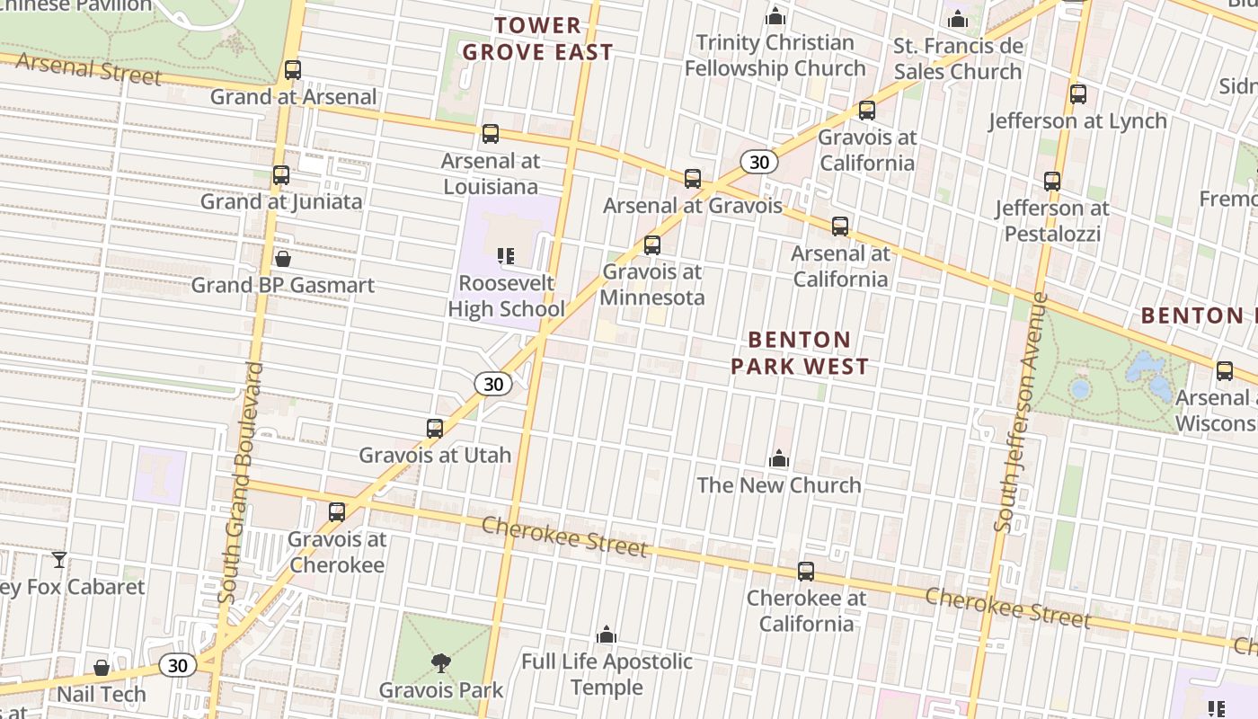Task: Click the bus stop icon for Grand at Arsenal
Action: pyautogui.click(x=292, y=69)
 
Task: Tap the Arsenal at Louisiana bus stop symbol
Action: pyautogui.click(x=490, y=134)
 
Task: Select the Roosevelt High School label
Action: pyautogui.click(x=506, y=296)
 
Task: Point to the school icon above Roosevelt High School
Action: pyautogui.click(x=506, y=256)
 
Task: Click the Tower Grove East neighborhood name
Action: pyautogui.click(x=537, y=39)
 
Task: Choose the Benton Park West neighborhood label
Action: pyautogui.click(x=799, y=352)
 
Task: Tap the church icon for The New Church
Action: pyautogui.click(x=778, y=459)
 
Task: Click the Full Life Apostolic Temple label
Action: pyautogui.click(x=607, y=674)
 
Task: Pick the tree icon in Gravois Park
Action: pyautogui.click(x=440, y=663)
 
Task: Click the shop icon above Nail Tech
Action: pyautogui.click(x=102, y=668)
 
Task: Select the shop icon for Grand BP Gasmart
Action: pyautogui.click(x=283, y=260)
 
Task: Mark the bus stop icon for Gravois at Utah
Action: pyautogui.click(x=435, y=428)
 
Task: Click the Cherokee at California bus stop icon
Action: pyautogui.click(x=806, y=571)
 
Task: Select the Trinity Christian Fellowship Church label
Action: pyautogui.click(x=775, y=55)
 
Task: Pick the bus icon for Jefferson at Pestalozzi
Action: pyautogui.click(x=1052, y=182)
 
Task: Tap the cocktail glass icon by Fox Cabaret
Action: pyautogui.click(x=59, y=560)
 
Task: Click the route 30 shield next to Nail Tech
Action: pyautogui.click(x=177, y=665)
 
